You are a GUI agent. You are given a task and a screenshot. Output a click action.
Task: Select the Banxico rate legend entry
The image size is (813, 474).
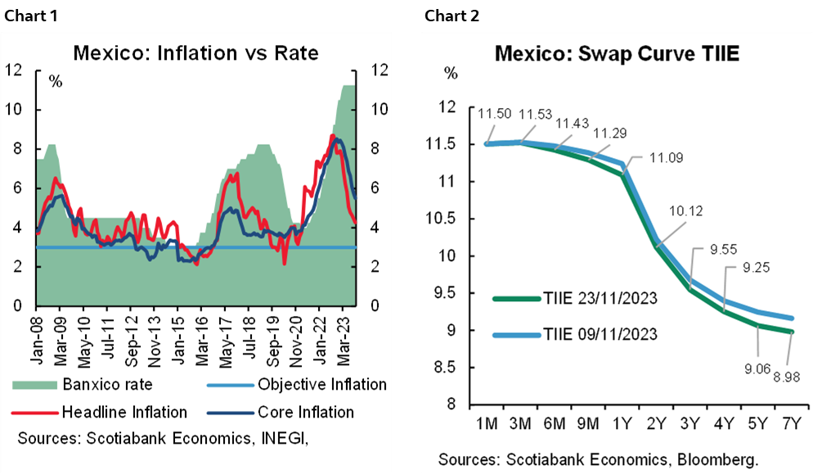coord(106,383)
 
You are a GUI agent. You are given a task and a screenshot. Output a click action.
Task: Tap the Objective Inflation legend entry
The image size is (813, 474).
coord(321,383)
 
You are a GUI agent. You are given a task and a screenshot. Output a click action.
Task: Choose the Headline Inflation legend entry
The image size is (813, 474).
coord(124,412)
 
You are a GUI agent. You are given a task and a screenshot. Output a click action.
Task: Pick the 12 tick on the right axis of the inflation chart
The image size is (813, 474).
coord(380,70)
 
